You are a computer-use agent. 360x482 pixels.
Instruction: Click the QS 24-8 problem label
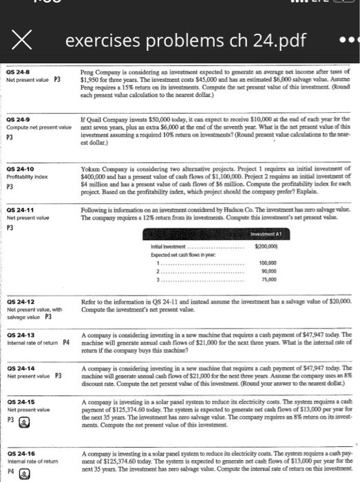point(20,72)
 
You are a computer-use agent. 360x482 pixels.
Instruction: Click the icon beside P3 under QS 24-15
point(23,418)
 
